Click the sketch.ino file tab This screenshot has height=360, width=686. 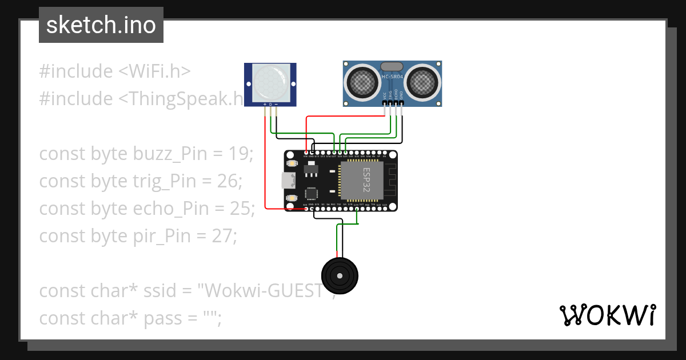[x=101, y=25]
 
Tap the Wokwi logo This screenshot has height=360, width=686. [x=607, y=315]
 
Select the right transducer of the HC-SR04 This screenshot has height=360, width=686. [x=422, y=82]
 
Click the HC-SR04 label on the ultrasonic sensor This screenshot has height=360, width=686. [x=392, y=77]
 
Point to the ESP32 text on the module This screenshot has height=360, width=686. [x=366, y=181]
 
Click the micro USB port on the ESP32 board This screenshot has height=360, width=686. [x=288, y=181]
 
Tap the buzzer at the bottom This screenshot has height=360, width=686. [x=340, y=276]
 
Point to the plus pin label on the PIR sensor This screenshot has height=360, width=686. [x=265, y=105]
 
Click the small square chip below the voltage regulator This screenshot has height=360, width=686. [x=312, y=193]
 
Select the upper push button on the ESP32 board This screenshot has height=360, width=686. [x=292, y=164]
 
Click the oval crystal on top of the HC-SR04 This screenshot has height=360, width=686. [x=392, y=67]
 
